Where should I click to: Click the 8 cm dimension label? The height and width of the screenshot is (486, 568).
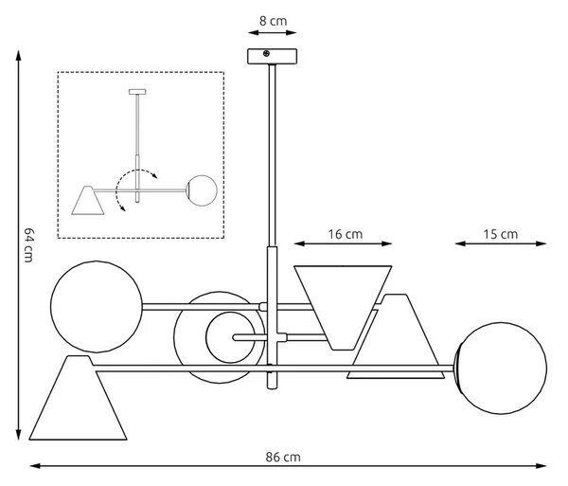click(273, 21)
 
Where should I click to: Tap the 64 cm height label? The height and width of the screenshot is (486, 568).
click(28, 244)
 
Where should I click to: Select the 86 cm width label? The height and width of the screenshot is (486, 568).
click(283, 457)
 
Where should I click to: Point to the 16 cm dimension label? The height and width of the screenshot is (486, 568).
click(345, 234)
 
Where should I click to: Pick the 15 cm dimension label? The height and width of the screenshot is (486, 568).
click(500, 234)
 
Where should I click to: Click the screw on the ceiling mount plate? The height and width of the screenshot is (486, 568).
click(266, 54)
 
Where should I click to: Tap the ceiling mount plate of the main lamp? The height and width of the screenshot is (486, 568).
click(272, 57)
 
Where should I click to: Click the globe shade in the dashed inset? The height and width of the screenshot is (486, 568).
click(202, 190)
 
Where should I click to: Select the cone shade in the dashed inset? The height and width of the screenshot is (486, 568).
click(88, 201)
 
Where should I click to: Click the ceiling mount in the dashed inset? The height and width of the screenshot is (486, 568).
click(137, 92)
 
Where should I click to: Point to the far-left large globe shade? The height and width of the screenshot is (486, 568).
click(97, 307)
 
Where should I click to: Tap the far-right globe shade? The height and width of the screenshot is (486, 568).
click(501, 369)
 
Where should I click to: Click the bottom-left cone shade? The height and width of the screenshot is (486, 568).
click(78, 398)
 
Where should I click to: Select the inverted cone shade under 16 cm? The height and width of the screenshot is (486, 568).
click(343, 308)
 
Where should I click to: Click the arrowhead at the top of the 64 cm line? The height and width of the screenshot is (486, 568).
click(18, 54)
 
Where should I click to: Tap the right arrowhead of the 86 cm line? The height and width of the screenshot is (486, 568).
click(541, 466)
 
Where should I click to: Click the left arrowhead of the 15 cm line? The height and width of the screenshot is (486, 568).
click(460, 243)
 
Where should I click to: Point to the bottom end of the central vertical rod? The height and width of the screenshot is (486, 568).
click(272, 388)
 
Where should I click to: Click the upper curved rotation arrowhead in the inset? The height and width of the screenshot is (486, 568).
click(154, 176)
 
